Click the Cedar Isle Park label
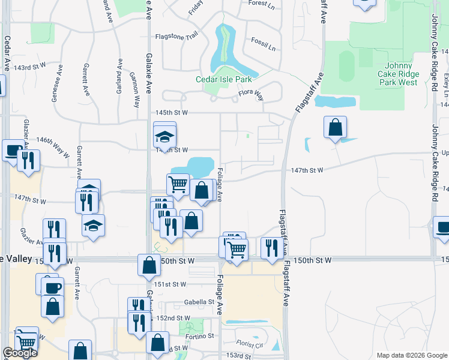click(223, 79)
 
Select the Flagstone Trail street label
click(176, 37)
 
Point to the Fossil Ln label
click(264, 47)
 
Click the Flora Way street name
click(251, 94)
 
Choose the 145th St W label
click(173, 112)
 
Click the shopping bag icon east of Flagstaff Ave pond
click(335, 127)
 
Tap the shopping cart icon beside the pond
click(178, 185)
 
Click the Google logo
click(20, 353)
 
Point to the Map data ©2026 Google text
click(411, 355)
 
